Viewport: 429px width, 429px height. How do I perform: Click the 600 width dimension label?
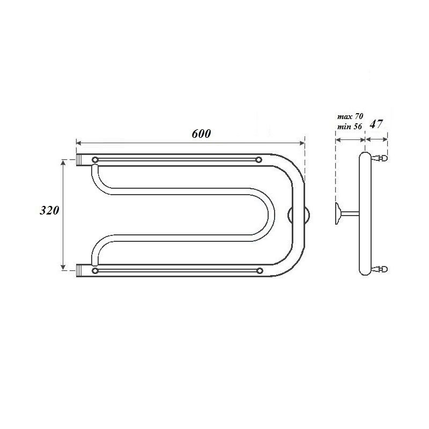pyautogui.click(x=202, y=134)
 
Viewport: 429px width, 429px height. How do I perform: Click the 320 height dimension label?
pyautogui.click(x=49, y=210)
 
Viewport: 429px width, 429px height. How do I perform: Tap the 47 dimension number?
pyautogui.click(x=376, y=124)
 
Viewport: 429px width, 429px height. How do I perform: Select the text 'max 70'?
pyautogui.click(x=350, y=116)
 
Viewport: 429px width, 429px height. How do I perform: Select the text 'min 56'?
pyautogui.click(x=350, y=127)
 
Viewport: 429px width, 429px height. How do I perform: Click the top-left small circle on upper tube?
pyautogui.click(x=95, y=159)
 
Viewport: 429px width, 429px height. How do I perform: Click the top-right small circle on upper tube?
pyautogui.click(x=258, y=159)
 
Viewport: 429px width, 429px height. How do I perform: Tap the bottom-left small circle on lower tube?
pyautogui.click(x=95, y=271)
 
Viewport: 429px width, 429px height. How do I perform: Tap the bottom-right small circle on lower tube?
pyautogui.click(x=260, y=271)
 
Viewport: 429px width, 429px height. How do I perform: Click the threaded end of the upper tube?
pyautogui.click(x=79, y=160)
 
